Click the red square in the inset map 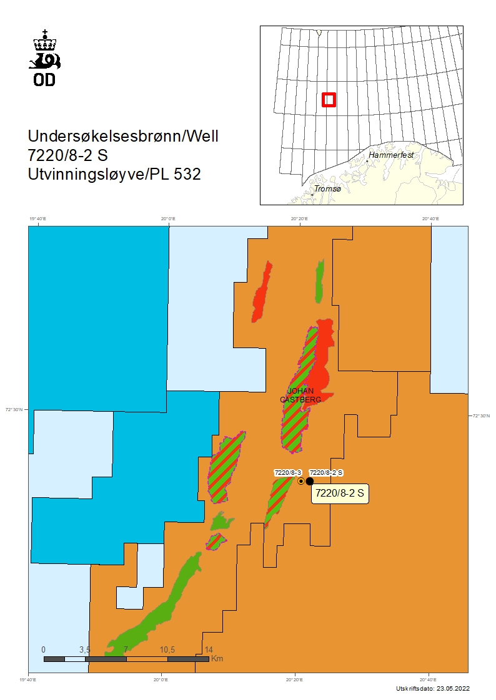329,100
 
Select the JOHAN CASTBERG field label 296,395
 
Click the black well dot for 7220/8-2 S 309,481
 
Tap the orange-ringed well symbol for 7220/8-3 301,481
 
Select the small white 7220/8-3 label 288,472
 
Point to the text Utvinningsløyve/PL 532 114,175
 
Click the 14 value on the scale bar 209,649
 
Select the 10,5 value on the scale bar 167,649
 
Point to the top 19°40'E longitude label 38,219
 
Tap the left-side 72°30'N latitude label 14,410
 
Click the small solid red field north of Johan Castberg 261,293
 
